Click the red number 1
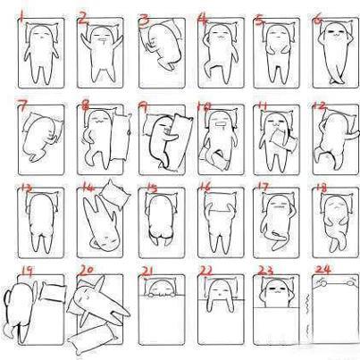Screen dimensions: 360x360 21,15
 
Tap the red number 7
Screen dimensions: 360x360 22,105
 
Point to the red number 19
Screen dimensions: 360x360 27,271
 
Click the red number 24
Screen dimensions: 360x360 322,270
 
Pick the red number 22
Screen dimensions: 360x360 206,271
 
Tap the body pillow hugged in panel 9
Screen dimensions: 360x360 178,141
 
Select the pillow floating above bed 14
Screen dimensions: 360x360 114,195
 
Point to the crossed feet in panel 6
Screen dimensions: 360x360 337,80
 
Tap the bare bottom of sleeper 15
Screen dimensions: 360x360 161,235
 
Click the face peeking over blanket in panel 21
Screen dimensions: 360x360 161,289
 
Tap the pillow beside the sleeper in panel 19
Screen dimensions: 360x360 54,292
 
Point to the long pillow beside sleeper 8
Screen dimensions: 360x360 121,137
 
